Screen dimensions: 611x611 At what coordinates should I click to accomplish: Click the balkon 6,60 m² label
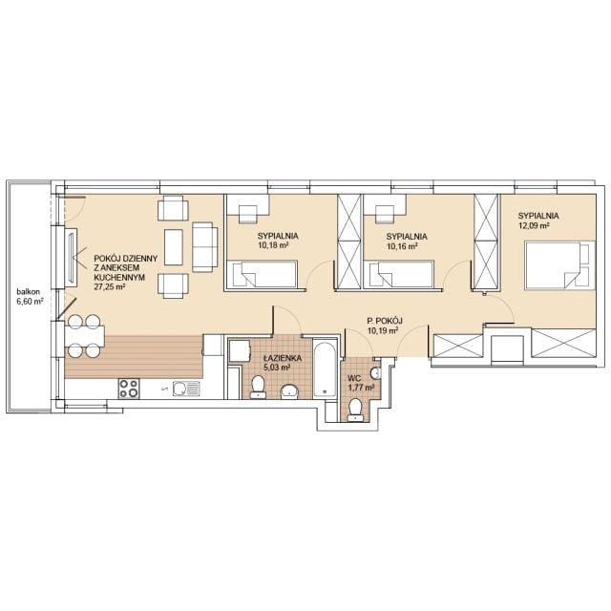[x=30, y=296]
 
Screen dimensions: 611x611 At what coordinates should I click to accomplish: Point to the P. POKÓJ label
[x=385, y=321]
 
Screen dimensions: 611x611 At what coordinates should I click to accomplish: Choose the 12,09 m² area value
[x=534, y=225]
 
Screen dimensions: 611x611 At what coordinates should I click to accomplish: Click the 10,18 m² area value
[x=273, y=245]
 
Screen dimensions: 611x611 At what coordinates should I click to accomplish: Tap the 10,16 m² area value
[x=402, y=246]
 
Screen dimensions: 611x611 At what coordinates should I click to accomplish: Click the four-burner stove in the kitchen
[x=129, y=389]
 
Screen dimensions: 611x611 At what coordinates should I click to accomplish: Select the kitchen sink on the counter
[x=186, y=389]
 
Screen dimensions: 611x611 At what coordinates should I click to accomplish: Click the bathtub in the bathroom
[x=325, y=369]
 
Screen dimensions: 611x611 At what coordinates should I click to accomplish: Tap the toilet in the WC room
[x=355, y=411]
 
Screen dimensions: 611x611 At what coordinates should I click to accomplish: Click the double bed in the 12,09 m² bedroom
[x=560, y=265]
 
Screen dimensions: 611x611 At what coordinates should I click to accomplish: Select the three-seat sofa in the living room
[x=205, y=247]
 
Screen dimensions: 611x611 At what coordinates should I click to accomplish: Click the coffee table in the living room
[x=174, y=247]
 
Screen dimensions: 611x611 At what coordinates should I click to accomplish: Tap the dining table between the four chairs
[x=85, y=336]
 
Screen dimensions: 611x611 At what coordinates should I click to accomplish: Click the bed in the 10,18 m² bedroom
[x=263, y=274]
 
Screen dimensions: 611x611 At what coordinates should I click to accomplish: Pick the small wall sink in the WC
[x=375, y=373]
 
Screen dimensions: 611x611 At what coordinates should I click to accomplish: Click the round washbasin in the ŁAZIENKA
[x=290, y=391]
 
